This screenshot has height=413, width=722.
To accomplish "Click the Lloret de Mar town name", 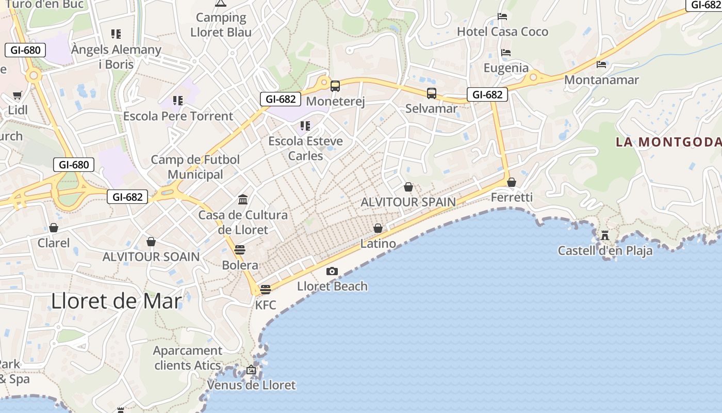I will (117, 301).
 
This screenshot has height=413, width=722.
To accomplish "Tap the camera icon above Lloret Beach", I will (332, 271).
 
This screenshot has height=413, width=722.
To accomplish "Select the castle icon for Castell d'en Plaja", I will (605, 235).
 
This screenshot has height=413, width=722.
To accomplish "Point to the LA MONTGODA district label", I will (668, 142).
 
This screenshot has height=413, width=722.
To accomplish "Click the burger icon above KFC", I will (266, 289).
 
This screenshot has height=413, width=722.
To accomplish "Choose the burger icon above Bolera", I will (240, 250).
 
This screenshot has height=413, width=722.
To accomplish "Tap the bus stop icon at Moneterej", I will (335, 86).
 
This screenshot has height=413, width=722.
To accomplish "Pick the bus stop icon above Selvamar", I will (432, 93).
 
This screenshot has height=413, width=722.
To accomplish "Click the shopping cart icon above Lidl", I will (18, 95).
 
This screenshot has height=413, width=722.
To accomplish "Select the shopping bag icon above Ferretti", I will (512, 182).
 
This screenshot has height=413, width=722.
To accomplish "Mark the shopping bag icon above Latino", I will (378, 228).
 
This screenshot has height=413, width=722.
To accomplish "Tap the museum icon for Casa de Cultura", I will (243, 199).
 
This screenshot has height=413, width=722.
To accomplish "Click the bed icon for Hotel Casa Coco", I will (502, 17).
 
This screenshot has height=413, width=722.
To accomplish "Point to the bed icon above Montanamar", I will (601, 65).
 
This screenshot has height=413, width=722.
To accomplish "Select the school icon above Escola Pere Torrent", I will (178, 100).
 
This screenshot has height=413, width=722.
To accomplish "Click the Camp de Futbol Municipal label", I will (195, 167).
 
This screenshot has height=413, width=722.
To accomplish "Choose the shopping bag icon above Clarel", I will (54, 228).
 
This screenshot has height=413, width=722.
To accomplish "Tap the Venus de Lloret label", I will (252, 385).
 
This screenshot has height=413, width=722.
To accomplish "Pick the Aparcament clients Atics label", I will (188, 358).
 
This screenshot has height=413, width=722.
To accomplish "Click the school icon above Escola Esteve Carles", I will (305, 125).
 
